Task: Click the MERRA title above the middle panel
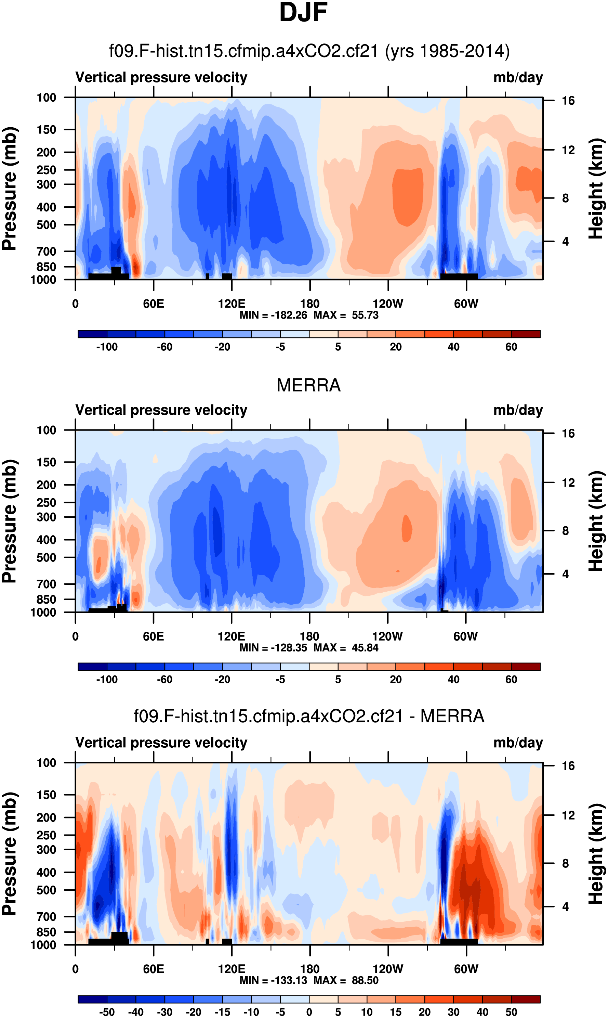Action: [x=308, y=385]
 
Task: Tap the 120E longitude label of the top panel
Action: [x=232, y=304]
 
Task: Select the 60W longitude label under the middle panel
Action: [x=465, y=636]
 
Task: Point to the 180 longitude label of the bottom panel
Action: [x=310, y=969]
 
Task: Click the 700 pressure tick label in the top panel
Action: [x=46, y=251]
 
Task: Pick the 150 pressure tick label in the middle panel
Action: [x=46, y=462]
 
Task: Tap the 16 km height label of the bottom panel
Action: [x=568, y=766]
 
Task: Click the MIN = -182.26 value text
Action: [x=273, y=315]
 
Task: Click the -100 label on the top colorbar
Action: [x=107, y=347]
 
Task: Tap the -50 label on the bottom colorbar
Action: [x=107, y=1012]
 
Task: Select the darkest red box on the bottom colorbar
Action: [x=526, y=999]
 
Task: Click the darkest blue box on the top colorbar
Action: [x=93, y=334]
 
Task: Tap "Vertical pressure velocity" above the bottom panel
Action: [x=161, y=743]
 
